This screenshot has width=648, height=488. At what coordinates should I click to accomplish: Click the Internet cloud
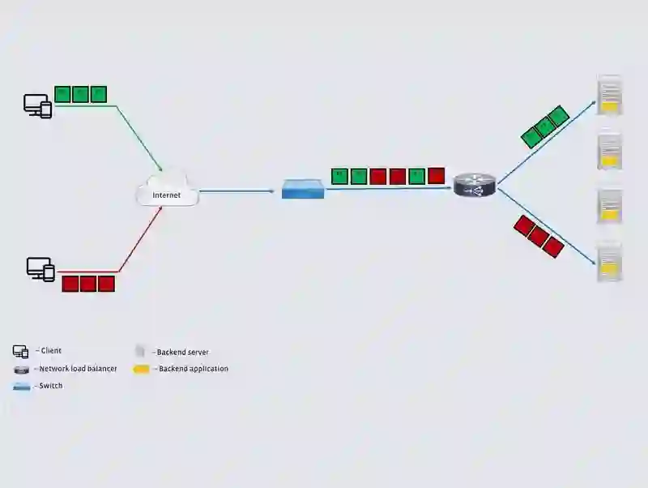(x=168, y=190)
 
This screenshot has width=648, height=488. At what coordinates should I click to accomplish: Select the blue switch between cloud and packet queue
(x=303, y=190)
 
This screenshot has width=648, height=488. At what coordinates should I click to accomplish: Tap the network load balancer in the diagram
(x=473, y=186)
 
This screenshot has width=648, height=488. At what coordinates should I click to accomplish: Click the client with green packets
(x=37, y=105)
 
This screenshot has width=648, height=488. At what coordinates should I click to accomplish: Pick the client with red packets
(x=40, y=268)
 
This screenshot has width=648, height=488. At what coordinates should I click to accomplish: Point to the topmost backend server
(x=609, y=95)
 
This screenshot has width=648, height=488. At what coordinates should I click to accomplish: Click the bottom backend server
(x=609, y=261)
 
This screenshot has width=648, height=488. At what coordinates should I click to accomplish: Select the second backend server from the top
(x=609, y=150)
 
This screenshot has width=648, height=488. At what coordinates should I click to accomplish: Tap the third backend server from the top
(x=609, y=206)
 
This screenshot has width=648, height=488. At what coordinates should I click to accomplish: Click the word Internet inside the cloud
(x=166, y=195)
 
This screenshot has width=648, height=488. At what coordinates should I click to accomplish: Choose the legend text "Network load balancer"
(x=78, y=369)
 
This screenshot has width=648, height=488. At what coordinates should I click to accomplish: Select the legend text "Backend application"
(x=193, y=369)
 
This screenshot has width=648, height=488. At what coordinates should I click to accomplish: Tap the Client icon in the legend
(x=21, y=352)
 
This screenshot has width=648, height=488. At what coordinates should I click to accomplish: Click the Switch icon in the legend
(x=22, y=387)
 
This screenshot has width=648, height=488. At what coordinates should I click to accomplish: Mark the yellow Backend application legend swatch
(x=142, y=370)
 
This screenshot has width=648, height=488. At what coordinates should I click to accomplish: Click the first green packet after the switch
(x=339, y=176)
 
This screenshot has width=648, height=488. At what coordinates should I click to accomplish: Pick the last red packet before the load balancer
(x=437, y=175)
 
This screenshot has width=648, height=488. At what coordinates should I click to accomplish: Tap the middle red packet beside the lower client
(x=88, y=284)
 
